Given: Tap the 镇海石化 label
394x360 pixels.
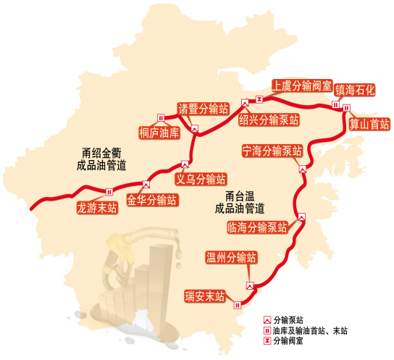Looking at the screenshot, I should point(355,91).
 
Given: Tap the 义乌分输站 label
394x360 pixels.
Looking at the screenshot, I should point(201,177).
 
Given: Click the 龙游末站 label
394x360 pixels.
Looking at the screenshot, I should point(97,207).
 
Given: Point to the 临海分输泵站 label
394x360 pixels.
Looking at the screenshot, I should point(257,227).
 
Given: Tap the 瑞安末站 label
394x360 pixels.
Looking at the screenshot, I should point(204,296).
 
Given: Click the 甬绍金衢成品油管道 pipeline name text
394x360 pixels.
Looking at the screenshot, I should point(106,159).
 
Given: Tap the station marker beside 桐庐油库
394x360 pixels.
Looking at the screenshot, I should point(160,118).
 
